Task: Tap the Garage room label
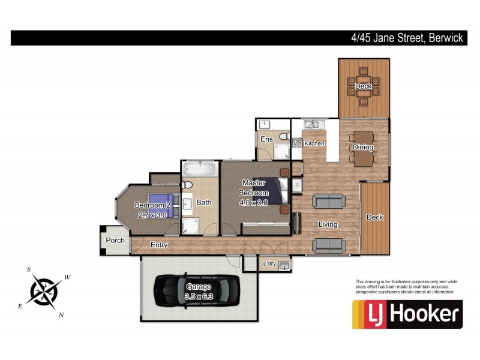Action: point(199,287)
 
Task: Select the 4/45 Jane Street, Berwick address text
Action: point(407,38)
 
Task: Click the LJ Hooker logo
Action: point(407,314)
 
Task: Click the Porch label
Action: point(115,241)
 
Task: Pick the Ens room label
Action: point(266,140)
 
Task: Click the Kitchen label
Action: point(314,144)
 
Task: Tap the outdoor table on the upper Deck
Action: point(364,86)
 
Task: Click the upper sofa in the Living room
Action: point(328,200)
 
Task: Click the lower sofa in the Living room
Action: point(328,244)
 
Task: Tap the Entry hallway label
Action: point(159,245)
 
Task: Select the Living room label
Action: point(328,225)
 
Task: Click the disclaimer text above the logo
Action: point(406,287)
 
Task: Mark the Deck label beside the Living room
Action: point(374,217)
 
